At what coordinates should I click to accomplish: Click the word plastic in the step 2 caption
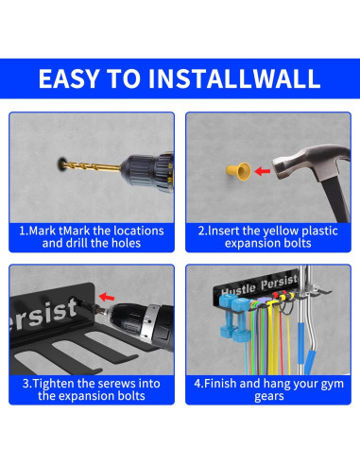coord(312,231)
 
